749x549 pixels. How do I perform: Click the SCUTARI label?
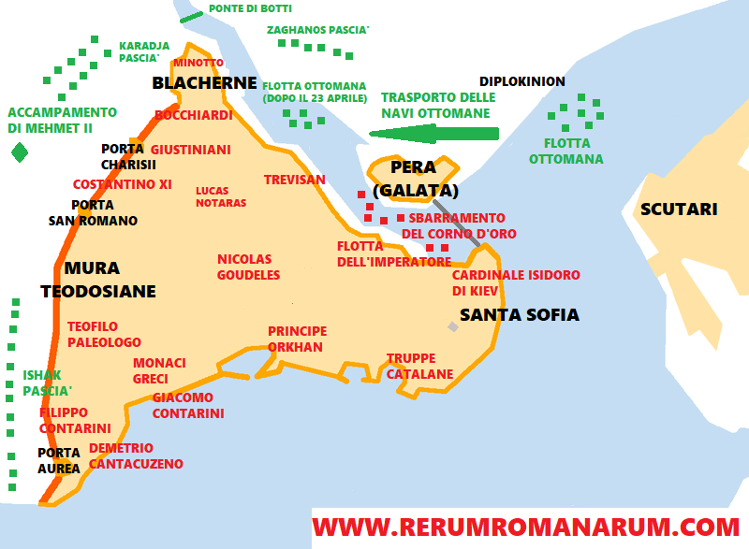[x=679, y=209]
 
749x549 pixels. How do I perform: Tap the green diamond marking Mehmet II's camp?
[x=19, y=152]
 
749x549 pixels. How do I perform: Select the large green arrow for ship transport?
[x=433, y=134]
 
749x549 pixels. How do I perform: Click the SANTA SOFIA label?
[x=520, y=314]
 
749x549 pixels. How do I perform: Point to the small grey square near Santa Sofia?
[x=453, y=326]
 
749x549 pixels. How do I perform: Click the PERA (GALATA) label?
[x=415, y=179]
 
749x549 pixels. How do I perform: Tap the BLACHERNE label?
[x=204, y=83]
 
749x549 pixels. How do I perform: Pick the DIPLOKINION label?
[x=521, y=81]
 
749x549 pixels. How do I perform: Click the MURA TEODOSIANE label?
[x=97, y=280]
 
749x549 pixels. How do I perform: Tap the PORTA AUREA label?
[x=59, y=461]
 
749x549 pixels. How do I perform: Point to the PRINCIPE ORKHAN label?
[x=297, y=339]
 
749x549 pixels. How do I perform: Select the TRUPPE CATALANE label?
[x=419, y=366]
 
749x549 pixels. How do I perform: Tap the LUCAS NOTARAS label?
[x=221, y=196]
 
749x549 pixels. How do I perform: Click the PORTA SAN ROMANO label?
[x=93, y=213]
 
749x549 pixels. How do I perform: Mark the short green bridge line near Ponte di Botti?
[x=191, y=16]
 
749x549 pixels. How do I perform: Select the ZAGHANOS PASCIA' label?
[x=317, y=30]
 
